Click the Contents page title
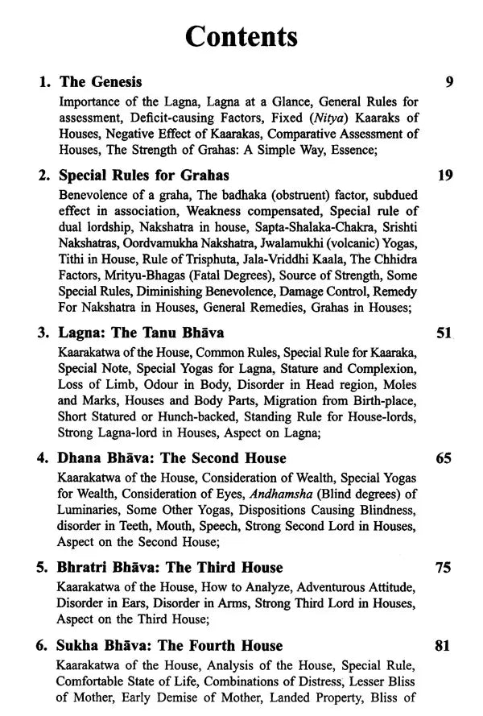click(242, 36)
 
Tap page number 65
click(444, 458)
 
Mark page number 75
click(444, 568)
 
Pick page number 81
click(444, 645)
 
